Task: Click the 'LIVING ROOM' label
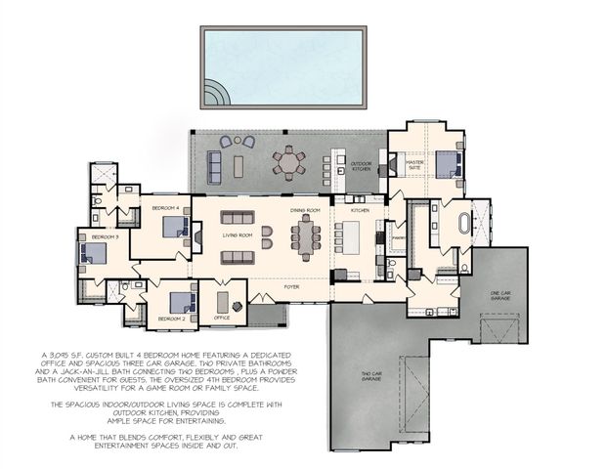238,235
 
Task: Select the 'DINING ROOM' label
305,210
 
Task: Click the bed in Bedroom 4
175,227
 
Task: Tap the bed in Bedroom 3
93,254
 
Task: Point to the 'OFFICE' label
223,319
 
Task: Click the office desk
223,301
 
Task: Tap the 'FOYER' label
291,287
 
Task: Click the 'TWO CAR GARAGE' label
370,376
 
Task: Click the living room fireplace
197,236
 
